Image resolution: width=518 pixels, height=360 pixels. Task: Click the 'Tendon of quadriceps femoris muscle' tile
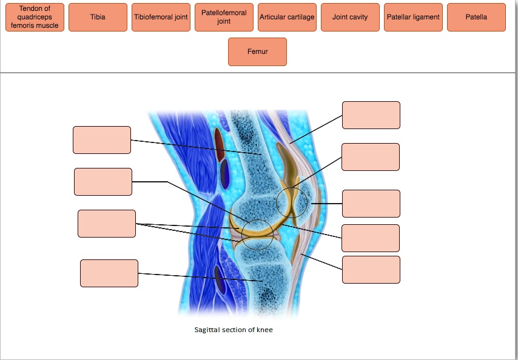[35, 18]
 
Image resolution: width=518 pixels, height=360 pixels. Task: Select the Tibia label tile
[98, 18]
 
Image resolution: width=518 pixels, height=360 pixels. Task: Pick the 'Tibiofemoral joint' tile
[161, 18]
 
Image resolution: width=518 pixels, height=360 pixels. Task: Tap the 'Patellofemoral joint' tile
[224, 18]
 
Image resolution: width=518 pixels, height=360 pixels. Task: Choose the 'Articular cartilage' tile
[287, 18]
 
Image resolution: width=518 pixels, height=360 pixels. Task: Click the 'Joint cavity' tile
[350, 18]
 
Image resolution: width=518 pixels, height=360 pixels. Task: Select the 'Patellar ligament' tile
[413, 18]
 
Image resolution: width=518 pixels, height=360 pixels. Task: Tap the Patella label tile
[476, 18]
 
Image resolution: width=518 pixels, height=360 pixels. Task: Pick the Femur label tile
[257, 52]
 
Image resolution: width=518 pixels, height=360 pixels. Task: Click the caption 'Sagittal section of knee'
[238, 330]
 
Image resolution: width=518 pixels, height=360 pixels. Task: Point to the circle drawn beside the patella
[292, 202]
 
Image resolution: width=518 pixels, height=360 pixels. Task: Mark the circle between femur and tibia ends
[257, 235]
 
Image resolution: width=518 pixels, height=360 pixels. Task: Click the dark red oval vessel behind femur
[220, 145]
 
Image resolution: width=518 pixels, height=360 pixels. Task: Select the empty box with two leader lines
[107, 224]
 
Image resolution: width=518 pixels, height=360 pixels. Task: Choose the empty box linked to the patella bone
[371, 204]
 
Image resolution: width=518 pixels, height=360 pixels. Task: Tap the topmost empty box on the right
[371, 115]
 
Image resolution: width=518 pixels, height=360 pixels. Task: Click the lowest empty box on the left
[109, 273]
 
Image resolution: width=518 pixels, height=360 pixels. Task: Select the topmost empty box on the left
[102, 140]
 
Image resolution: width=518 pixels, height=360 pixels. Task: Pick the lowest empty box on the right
[371, 270]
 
